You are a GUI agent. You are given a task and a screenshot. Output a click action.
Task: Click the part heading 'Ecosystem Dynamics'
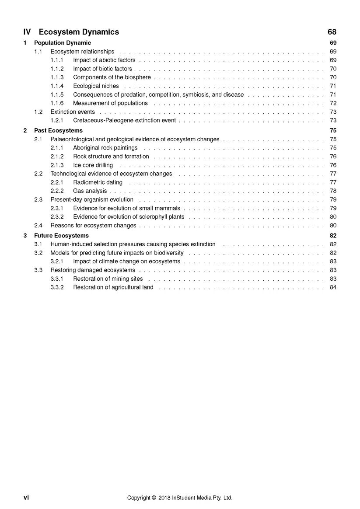[79, 32]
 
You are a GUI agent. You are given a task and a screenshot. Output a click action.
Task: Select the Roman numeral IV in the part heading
[27, 32]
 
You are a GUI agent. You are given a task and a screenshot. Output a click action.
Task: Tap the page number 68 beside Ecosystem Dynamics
[332, 32]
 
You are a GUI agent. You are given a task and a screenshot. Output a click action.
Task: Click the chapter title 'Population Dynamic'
[63, 43]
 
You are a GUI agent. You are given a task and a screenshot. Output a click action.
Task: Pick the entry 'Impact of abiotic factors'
[104, 60]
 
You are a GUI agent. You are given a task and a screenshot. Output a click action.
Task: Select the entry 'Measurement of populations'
[110, 103]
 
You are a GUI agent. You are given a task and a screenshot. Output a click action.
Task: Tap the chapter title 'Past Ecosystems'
[58, 131]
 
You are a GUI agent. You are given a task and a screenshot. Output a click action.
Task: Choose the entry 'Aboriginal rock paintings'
[105, 148]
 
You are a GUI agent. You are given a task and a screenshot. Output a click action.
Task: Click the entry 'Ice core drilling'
[93, 165]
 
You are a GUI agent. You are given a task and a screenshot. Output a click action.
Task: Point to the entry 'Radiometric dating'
[98, 182]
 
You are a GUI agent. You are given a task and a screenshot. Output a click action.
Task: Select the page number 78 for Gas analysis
[333, 191]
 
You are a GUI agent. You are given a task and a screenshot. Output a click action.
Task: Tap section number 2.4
[38, 226]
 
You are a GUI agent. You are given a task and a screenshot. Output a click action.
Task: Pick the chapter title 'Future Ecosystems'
[61, 236]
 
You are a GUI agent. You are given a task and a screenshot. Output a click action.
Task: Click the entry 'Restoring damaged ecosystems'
[93, 270]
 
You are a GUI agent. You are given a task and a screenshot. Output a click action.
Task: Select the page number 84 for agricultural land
[333, 287]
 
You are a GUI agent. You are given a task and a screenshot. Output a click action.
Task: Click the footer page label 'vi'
[26, 498]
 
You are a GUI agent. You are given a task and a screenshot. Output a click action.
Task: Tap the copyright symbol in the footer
[154, 498]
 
